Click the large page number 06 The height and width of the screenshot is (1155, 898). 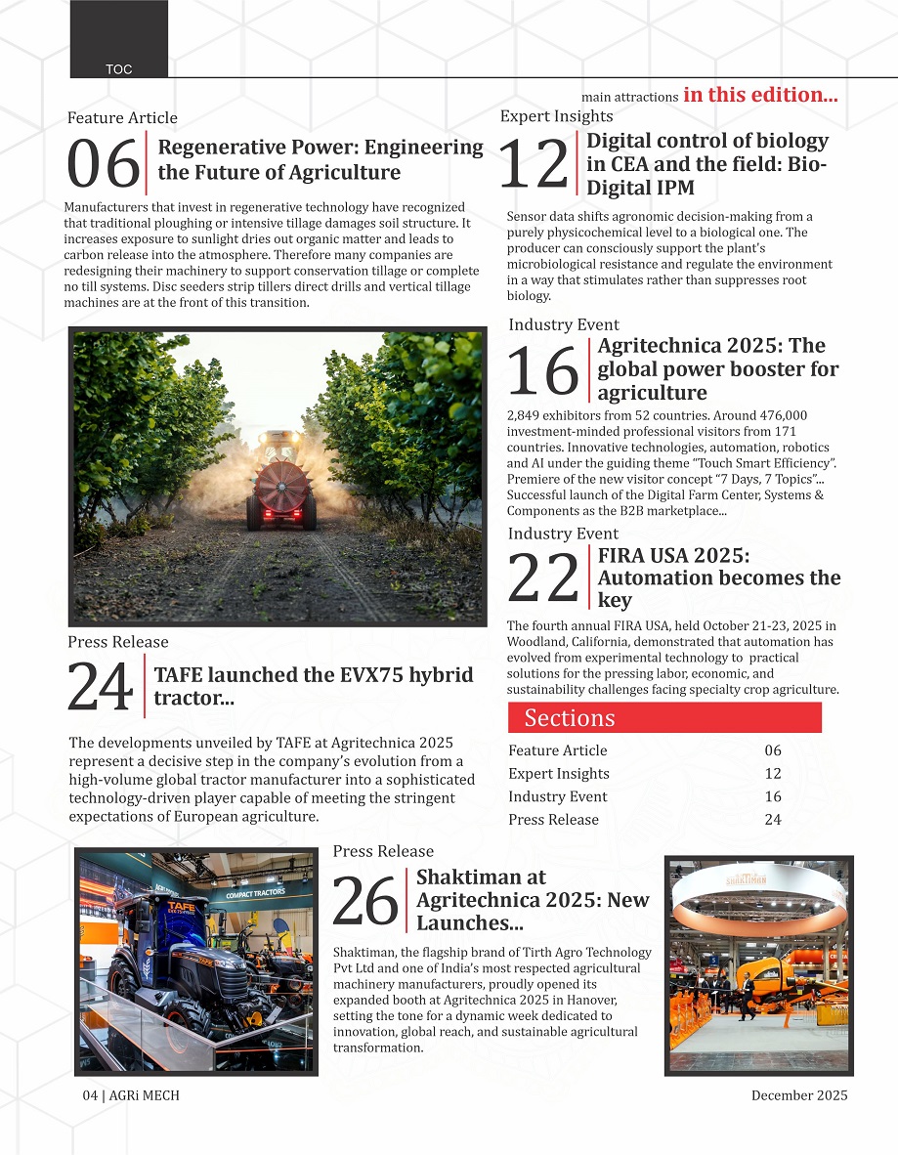(x=103, y=165)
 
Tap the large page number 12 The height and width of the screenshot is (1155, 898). (x=534, y=164)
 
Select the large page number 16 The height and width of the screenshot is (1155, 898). (x=543, y=371)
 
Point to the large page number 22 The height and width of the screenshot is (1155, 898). (x=543, y=579)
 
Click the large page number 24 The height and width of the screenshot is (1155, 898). (x=100, y=688)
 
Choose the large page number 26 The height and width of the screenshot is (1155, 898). (x=365, y=901)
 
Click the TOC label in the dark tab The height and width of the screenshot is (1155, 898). (x=119, y=69)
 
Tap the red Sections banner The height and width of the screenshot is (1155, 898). (x=664, y=717)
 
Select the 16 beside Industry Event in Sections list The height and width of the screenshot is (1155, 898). (x=772, y=796)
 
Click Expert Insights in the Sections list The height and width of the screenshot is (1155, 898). (x=558, y=774)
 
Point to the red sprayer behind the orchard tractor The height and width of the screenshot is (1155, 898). (x=279, y=486)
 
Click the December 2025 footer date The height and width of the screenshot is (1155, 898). (x=798, y=1095)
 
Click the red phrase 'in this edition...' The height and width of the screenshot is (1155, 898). (x=760, y=95)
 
